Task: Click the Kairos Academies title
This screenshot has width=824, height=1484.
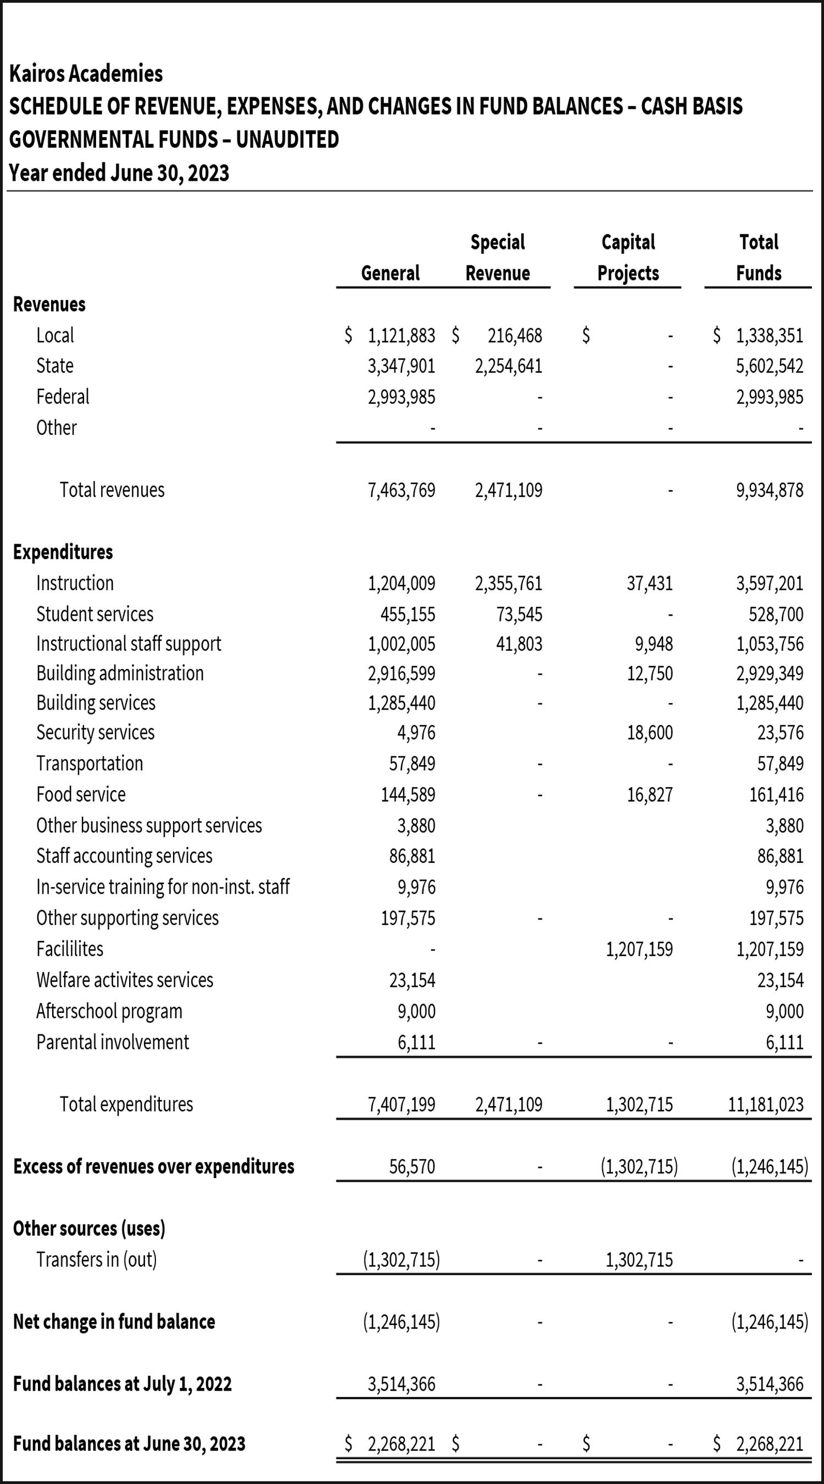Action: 86,74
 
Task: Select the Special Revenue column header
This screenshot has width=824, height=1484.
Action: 498,258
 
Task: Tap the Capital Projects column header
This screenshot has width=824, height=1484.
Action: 628,258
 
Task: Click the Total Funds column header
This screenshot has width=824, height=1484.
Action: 759,258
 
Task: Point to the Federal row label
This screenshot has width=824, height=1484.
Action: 63,397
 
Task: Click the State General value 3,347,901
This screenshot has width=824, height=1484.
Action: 402,367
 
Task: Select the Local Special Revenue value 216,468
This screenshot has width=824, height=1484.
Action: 515,335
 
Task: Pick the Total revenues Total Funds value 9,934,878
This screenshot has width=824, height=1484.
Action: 769,490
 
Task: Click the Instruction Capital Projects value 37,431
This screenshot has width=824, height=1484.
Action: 649,584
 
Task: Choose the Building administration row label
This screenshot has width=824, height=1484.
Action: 120,673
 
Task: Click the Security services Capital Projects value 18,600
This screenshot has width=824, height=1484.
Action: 649,733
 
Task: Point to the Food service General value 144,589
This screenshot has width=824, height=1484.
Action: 408,795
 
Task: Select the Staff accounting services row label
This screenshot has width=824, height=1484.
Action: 124,856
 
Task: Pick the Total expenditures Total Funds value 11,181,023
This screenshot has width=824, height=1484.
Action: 765,1105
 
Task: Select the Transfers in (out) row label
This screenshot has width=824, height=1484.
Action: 96,1260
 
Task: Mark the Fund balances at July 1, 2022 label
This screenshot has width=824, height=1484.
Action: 122,1384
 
